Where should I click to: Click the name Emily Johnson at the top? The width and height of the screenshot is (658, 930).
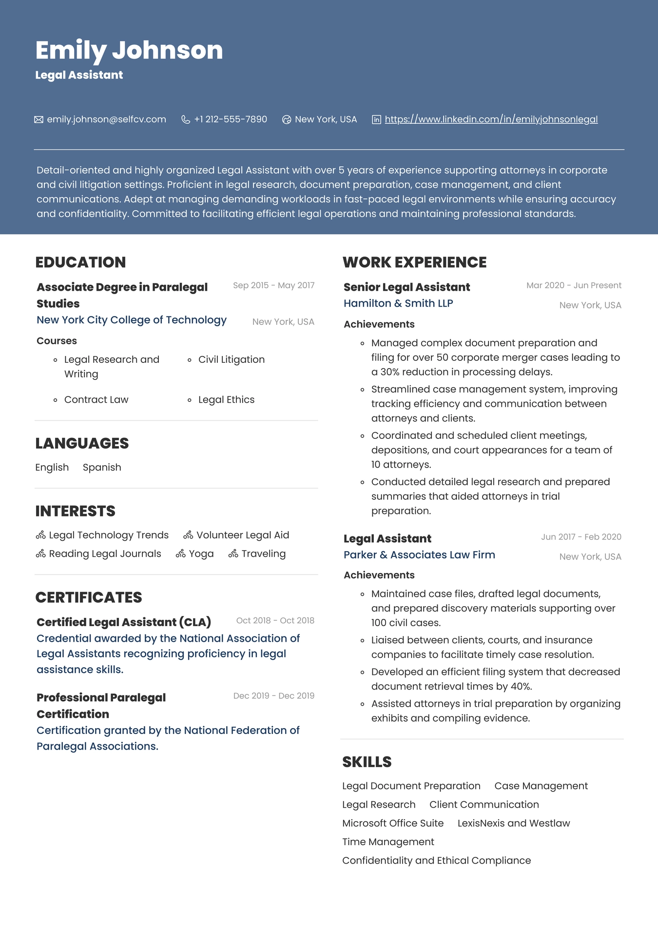point(129,50)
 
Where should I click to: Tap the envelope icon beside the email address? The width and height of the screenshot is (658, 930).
point(39,119)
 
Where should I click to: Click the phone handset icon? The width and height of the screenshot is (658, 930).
point(185,119)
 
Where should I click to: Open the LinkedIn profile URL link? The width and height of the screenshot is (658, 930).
point(491,119)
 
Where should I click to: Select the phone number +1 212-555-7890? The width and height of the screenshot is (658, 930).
point(231,119)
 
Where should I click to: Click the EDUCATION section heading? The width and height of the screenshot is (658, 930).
point(80,262)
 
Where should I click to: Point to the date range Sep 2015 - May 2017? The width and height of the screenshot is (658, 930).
point(273,285)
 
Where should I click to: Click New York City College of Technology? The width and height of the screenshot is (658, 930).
point(132,320)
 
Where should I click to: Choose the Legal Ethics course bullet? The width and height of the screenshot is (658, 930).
point(226,400)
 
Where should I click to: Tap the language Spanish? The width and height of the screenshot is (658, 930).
point(102,467)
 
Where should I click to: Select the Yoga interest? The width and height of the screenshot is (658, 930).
point(201,554)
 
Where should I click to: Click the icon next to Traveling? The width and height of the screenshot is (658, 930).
point(233,554)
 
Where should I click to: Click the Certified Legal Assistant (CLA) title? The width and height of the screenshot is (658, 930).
point(124,622)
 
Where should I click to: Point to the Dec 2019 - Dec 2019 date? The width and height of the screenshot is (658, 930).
point(273,696)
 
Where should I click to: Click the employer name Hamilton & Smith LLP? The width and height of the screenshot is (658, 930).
point(398,303)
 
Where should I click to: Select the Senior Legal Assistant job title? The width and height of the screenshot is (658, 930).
point(406,287)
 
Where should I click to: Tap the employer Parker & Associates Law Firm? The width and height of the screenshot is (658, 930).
point(419,555)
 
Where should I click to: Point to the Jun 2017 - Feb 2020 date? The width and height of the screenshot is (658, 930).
point(581,537)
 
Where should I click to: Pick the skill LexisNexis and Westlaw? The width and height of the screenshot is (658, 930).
point(514,823)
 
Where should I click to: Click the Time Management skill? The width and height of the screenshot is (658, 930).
point(388,842)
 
